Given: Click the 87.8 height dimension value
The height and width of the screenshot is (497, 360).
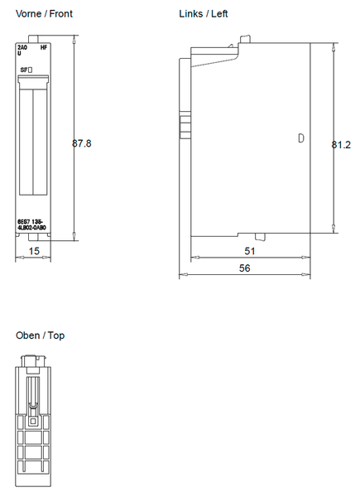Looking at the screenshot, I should tap(81, 143).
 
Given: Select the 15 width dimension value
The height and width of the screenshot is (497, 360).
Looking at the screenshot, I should tap(33, 250).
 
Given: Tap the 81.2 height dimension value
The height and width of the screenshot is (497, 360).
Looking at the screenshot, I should tap(341, 144).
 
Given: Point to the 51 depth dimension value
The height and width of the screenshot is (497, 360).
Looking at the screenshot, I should tap(249, 250).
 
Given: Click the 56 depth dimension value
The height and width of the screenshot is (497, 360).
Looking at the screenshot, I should tap(245, 268).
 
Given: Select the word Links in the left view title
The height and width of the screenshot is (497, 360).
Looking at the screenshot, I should tap(191, 14).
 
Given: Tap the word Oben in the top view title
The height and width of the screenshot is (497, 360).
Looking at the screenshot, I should tap(27, 335).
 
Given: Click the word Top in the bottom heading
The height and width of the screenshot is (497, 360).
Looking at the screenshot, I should tap(56, 335).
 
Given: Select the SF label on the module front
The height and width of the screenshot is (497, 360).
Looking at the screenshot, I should tap(24, 70).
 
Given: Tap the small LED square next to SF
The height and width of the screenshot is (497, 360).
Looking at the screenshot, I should tap(31, 70).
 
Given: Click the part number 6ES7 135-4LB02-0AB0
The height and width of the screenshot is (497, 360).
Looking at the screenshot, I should tap(32, 224).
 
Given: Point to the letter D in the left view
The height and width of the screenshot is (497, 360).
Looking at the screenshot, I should tap(301, 138).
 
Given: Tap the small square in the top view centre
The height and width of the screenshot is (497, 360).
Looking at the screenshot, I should tap(33, 421).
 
